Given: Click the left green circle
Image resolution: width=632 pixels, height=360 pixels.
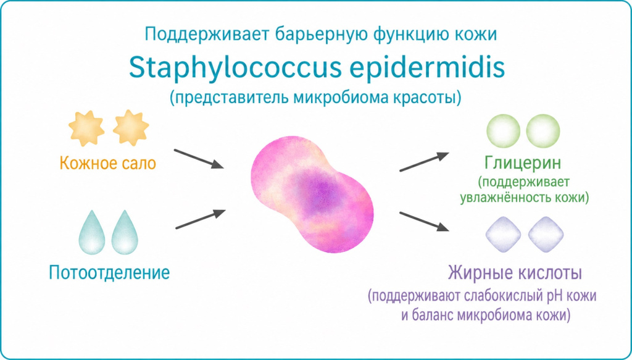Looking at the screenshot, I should point(504,132).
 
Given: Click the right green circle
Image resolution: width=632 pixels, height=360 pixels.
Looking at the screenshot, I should point(543,132).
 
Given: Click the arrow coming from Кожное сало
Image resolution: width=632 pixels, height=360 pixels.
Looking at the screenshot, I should point(197,158).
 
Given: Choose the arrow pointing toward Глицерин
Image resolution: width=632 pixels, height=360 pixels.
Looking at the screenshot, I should point(424,161).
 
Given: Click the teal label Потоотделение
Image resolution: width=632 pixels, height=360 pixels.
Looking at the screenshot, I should point(109,272).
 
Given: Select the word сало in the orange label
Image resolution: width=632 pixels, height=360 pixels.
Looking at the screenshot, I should point(139,164).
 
